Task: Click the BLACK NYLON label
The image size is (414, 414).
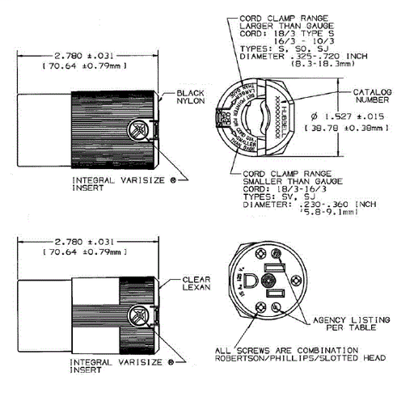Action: [192, 98]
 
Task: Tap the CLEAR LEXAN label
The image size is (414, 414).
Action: [196, 284]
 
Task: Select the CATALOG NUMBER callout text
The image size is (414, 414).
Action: [372, 95]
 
